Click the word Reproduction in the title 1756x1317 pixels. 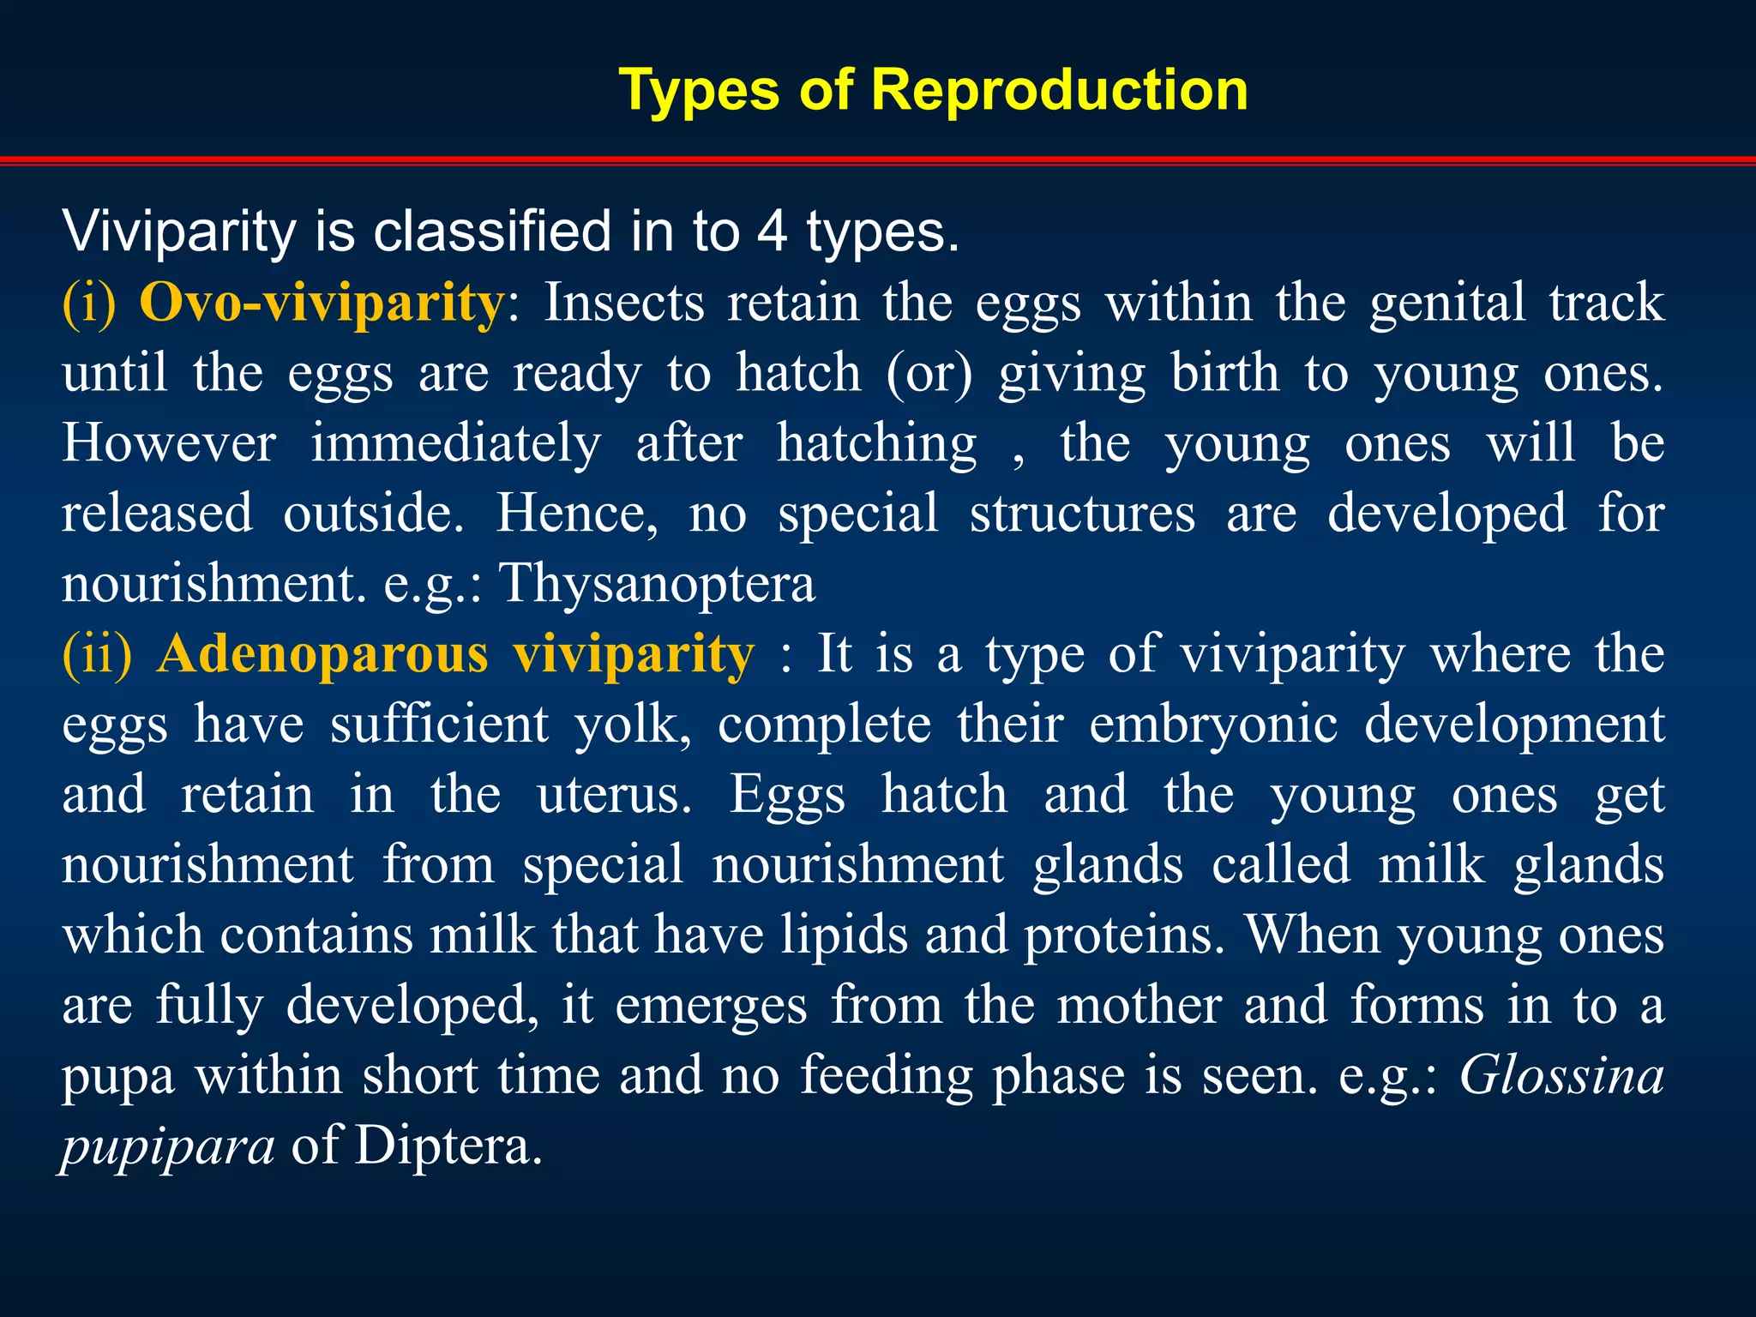pyautogui.click(x=1059, y=90)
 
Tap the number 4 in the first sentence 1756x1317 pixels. pyautogui.click(x=772, y=232)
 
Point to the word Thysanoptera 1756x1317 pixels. pyautogui.click(x=657, y=584)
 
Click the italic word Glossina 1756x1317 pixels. pyautogui.click(x=1561, y=1075)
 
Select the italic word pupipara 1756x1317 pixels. pyautogui.click(x=168, y=1146)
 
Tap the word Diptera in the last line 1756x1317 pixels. pyautogui.click(x=448, y=1146)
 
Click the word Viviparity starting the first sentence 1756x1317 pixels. pyautogui.click(x=178, y=232)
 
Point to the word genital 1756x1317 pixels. pyautogui.click(x=1446, y=304)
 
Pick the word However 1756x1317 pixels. pyautogui.click(x=169, y=443)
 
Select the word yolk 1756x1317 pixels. pyautogui.click(x=632, y=725)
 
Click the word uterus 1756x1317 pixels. pyautogui.click(x=614, y=795)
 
